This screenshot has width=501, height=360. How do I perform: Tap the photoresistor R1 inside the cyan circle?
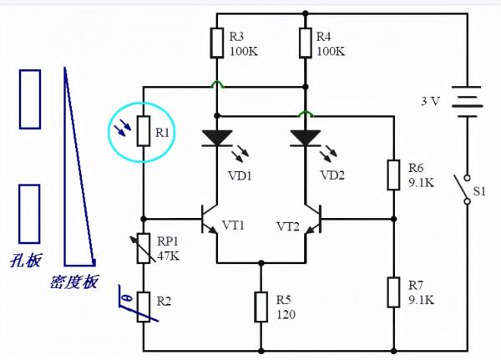coord(143,131)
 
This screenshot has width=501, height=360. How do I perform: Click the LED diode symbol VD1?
coord(216,137)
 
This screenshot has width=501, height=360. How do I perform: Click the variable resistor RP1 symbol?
coord(143,248)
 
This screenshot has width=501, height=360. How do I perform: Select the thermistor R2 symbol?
coord(143,307)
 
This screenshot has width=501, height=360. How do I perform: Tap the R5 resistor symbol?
coord(261,303)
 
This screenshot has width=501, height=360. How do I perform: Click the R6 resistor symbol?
coord(392,175)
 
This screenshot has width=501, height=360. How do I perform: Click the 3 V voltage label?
coord(429,101)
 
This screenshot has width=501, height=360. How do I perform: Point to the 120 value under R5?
coord(286,317)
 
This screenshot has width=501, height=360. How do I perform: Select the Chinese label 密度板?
coord(74,282)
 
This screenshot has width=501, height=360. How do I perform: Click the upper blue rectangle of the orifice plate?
coord(30,99)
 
